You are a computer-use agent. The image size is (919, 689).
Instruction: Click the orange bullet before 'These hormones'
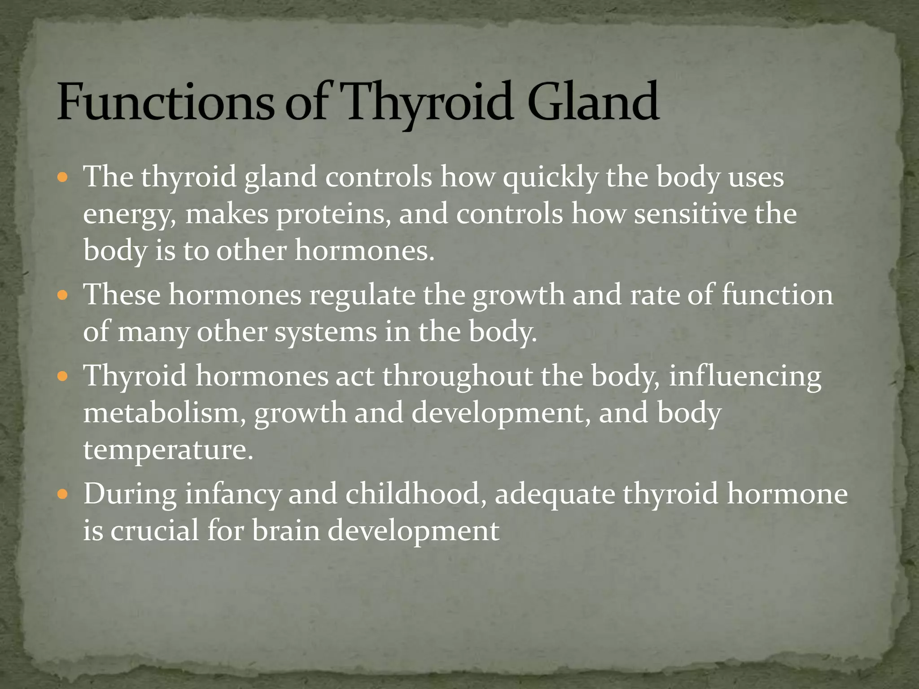click(x=62, y=296)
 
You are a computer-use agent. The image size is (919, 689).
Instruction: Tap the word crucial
click(x=155, y=531)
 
